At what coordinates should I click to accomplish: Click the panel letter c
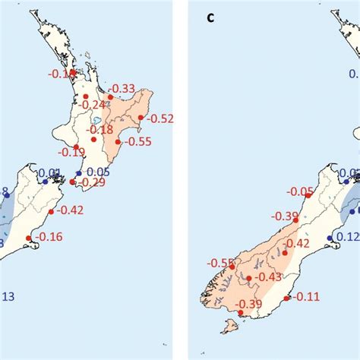pos(212,16)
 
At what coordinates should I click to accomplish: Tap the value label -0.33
pos(123,89)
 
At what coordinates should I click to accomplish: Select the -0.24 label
pos(94,104)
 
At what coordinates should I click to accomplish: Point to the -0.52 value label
pos(161,118)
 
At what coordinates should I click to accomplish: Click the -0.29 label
pos(90,182)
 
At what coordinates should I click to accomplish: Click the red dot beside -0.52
pos(145,117)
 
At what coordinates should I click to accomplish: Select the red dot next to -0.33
pos(110,97)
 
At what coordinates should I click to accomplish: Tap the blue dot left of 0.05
pos(79,173)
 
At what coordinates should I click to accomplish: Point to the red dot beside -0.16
pos(29,238)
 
